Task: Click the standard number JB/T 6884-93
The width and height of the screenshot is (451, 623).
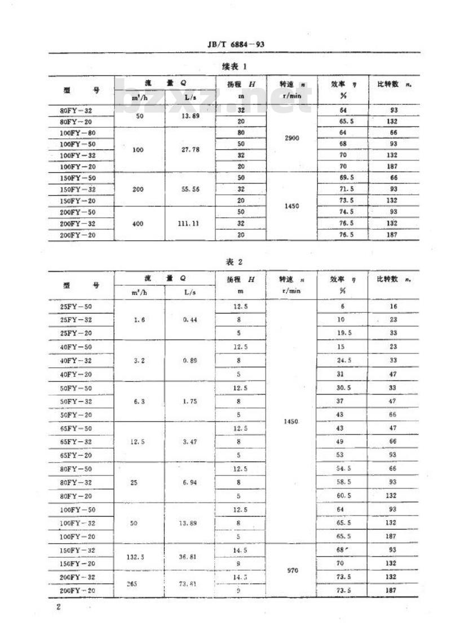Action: [x=236, y=44]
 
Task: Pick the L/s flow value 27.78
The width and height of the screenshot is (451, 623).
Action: [x=191, y=150]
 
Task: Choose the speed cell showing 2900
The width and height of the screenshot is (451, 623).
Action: [x=293, y=138]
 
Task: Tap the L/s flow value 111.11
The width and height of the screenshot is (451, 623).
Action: [x=191, y=224]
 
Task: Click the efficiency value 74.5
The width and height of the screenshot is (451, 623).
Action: [x=342, y=212]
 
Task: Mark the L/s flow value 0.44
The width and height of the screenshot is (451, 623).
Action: [x=190, y=320]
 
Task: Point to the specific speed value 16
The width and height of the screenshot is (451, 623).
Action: [x=393, y=306]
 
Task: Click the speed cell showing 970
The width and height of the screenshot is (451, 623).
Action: [x=292, y=570]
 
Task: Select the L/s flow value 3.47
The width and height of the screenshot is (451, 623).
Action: [x=190, y=442]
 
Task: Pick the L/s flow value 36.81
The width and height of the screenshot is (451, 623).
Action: [x=190, y=557]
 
